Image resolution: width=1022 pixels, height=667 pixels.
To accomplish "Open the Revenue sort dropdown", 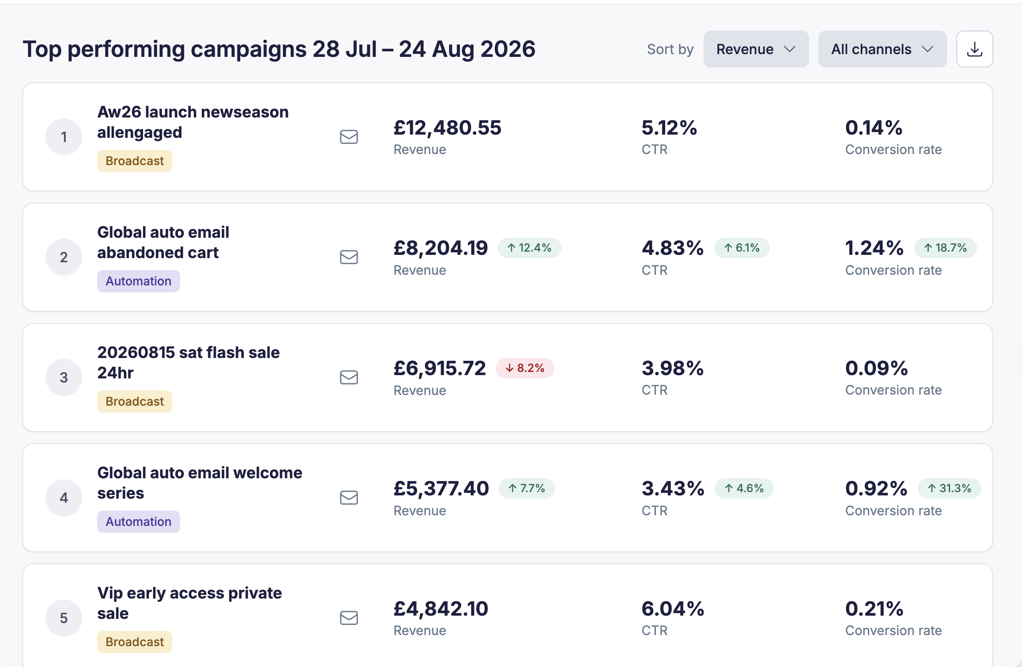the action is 756,49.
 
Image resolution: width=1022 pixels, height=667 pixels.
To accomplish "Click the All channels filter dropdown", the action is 882,49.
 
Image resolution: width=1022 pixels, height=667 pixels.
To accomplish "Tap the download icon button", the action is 974,49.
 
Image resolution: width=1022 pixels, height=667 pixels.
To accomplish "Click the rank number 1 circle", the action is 64,137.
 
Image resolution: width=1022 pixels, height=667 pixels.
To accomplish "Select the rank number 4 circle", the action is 64,498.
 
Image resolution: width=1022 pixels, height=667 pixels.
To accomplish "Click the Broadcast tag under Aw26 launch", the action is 135,161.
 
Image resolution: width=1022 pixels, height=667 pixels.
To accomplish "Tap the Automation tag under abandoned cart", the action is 138,281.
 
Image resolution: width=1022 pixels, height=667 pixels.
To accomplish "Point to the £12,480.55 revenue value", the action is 447,128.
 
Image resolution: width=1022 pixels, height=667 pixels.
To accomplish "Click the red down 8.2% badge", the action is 525,368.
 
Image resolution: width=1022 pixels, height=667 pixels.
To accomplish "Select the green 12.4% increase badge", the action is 529,248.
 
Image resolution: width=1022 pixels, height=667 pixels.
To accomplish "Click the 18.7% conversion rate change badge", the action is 945,248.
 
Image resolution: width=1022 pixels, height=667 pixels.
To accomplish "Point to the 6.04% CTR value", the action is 673,609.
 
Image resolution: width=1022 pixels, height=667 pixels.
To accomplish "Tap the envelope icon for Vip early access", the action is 349,618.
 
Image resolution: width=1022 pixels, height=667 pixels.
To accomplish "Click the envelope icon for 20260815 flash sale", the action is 349,377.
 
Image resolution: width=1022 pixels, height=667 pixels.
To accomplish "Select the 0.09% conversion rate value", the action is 876,368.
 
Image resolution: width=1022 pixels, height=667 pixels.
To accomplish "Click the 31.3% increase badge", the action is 949,488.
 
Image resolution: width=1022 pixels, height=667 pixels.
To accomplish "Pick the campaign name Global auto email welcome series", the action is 199,483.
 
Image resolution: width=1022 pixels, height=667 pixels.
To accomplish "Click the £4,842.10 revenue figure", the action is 441,609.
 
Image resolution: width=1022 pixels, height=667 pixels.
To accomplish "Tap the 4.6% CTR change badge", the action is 744,488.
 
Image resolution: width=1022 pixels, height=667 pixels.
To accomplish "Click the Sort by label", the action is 670,49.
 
